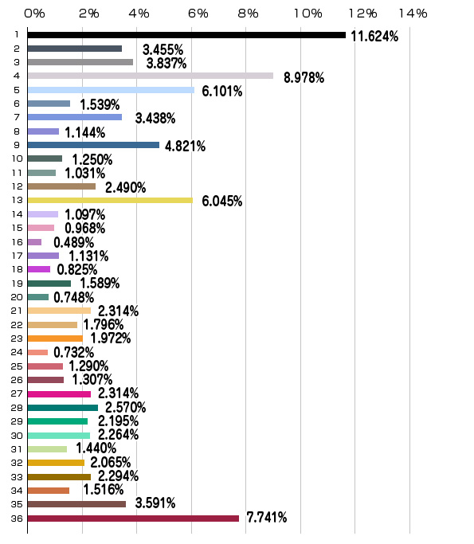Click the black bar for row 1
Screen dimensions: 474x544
[x=186, y=35]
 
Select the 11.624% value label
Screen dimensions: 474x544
[x=374, y=36]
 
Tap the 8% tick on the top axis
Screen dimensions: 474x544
[x=248, y=14]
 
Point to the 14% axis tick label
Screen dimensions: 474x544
[x=413, y=14]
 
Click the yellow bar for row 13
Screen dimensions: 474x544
[x=110, y=200]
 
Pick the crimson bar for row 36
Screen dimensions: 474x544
[x=133, y=519]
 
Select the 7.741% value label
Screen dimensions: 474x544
[x=267, y=517]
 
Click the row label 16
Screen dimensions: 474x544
[x=17, y=242]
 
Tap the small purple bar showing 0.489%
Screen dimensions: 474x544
[x=34, y=242]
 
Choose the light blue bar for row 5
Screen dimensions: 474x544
[x=111, y=90]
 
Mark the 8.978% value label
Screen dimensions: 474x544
[x=304, y=77]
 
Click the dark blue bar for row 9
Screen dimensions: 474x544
[x=93, y=145]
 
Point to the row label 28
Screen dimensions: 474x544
[x=17, y=408]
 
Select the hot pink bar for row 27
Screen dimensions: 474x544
[x=59, y=394]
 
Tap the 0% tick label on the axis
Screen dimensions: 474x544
[x=34, y=14]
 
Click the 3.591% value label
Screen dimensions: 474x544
[x=155, y=503]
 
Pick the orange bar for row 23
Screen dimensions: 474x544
[x=55, y=339]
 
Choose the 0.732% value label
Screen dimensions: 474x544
[x=73, y=353]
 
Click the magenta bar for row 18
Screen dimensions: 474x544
[x=39, y=269]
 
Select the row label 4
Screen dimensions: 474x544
[x=17, y=76]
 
